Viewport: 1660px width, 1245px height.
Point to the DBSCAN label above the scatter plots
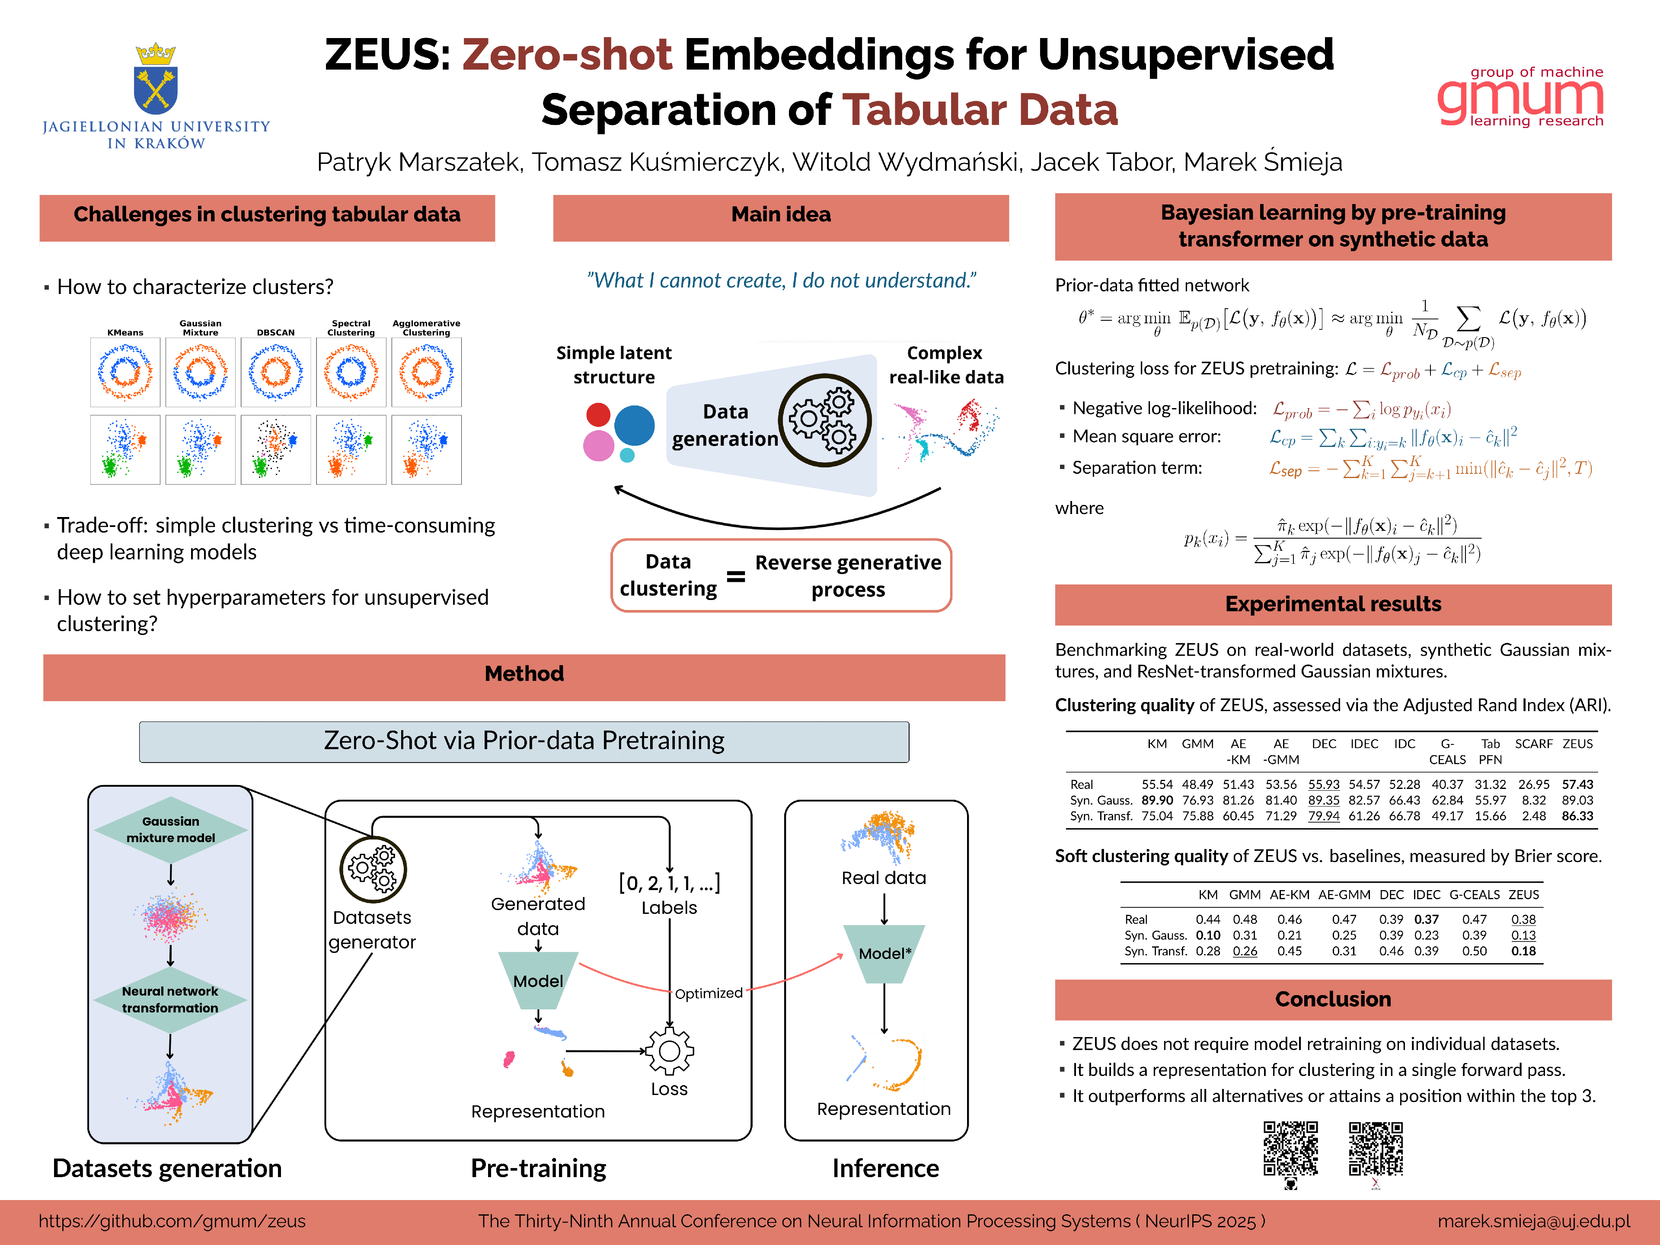pos(275,332)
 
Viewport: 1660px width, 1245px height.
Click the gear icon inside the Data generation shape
pos(824,420)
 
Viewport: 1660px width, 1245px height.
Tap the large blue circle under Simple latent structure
pos(634,425)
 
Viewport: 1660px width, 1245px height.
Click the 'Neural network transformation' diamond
pos(170,999)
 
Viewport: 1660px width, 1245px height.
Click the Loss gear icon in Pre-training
pos(669,1051)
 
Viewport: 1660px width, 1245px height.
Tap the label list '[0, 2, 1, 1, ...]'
pos(669,883)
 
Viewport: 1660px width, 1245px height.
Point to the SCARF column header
pos(1533,744)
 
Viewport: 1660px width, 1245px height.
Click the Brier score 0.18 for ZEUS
pos(1523,951)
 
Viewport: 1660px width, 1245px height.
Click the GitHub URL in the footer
pos(172,1221)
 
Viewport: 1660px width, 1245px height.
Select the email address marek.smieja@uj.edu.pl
pos(1533,1221)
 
